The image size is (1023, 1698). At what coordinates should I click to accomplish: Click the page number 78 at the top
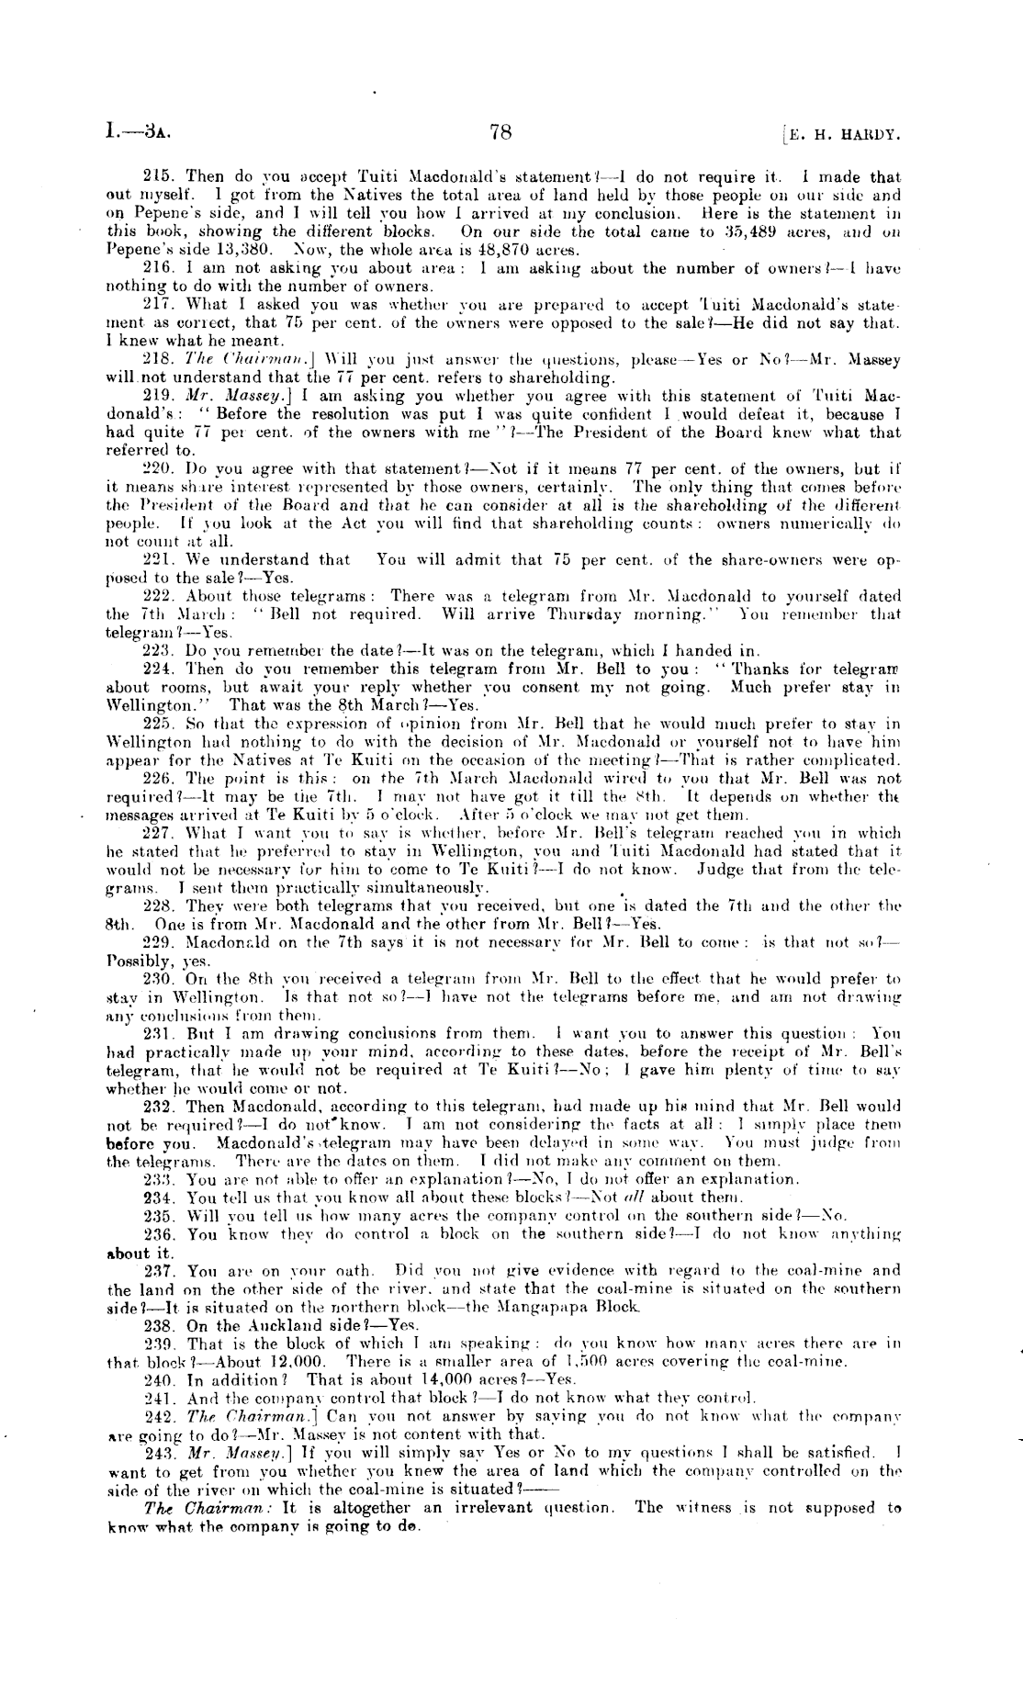point(501,133)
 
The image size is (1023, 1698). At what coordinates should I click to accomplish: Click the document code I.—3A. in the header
point(137,133)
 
